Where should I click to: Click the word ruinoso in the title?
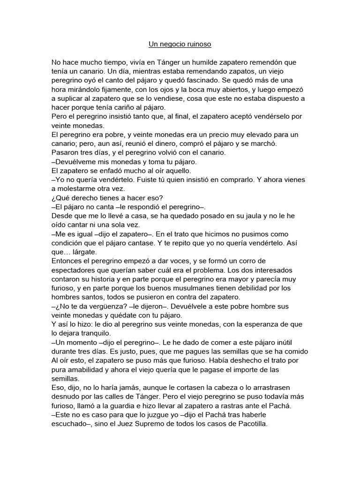(198, 45)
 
